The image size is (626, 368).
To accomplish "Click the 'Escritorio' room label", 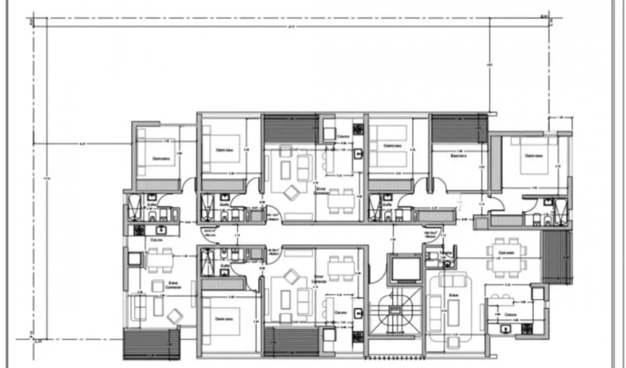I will coord(459,156).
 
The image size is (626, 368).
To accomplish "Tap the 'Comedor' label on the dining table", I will coord(506,253).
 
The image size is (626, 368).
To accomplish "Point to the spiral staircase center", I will coord(395,310).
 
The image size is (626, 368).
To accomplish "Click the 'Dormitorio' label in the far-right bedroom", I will coord(534,156).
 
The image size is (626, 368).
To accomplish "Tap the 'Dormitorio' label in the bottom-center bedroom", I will coord(224,319).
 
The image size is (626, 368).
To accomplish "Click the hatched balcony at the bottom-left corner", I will coord(152,344).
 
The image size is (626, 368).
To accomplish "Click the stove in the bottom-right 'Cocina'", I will coord(526,329).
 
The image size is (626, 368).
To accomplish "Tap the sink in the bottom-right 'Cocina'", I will coord(505,329).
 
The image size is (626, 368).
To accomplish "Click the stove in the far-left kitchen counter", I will coord(139,230).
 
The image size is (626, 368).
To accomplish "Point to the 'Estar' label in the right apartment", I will coord(454,295).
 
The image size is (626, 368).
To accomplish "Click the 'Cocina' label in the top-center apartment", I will coord(343,136).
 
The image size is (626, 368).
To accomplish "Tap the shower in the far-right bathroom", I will coord(560,211).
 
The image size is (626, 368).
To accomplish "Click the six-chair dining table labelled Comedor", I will coord(506,258).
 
